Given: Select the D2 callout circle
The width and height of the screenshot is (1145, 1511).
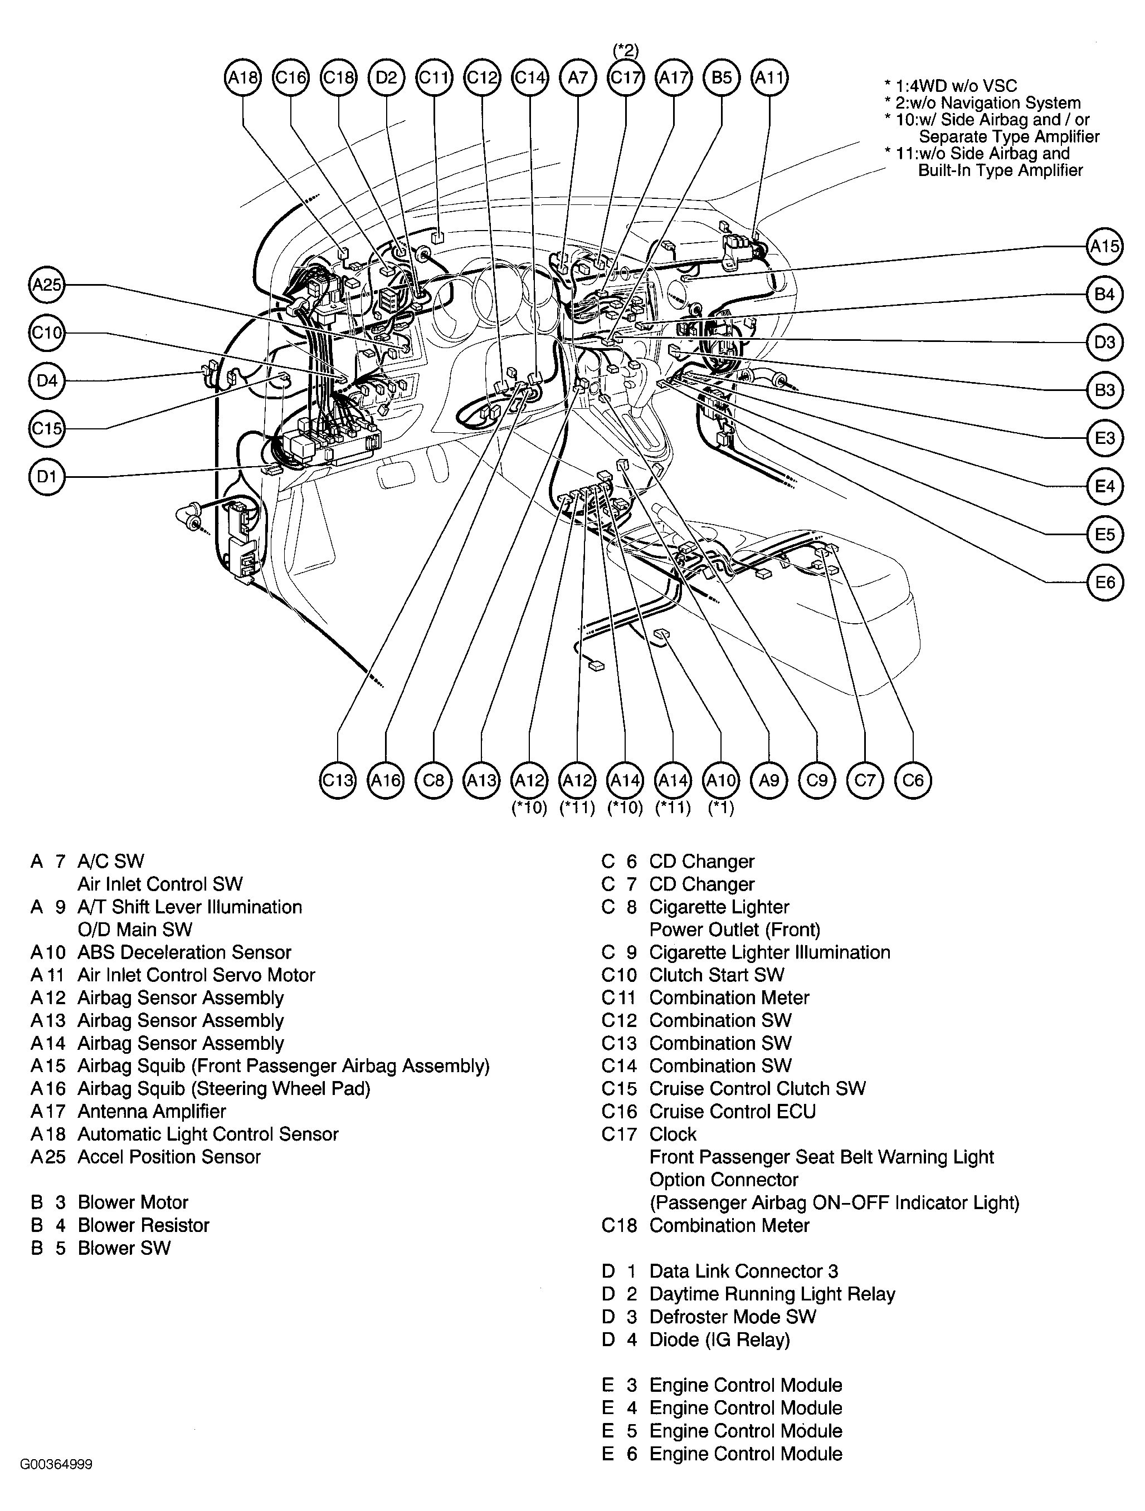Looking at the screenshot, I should pos(386,78).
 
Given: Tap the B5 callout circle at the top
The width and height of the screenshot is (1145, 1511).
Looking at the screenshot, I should pos(722,78).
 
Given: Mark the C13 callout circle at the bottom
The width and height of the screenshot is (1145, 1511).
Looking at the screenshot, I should pos(338,780).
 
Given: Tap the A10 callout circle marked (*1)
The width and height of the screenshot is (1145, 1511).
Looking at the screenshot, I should pos(722,780).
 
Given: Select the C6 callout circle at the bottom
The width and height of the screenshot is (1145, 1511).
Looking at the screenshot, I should pos(913,780).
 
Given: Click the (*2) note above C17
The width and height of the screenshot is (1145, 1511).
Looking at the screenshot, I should pos(625,50).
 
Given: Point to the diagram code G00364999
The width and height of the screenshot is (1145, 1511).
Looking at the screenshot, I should pos(56,1464).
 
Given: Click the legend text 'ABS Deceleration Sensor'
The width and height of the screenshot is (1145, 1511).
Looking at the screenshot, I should pos(184,952).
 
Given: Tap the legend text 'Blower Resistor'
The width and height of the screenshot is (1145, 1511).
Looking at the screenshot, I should pos(143,1225).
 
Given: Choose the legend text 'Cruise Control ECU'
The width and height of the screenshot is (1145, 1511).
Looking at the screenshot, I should pos(732,1112).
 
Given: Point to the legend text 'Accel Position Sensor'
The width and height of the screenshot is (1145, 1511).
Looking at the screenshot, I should pos(169,1156).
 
